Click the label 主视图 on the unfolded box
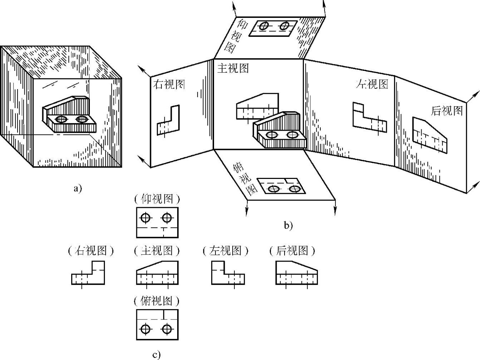[x=233, y=68]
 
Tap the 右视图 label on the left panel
[x=169, y=85]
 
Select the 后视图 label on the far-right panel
[x=447, y=111]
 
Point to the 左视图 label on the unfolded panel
[x=372, y=84]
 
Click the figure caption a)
[x=77, y=188]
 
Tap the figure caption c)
[x=156, y=355]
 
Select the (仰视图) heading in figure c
[x=157, y=199]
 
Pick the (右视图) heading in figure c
[x=91, y=251]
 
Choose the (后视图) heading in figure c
[x=292, y=251]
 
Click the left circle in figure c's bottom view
[x=145, y=218]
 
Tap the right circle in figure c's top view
[x=166, y=329]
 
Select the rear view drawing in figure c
[x=296, y=274]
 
